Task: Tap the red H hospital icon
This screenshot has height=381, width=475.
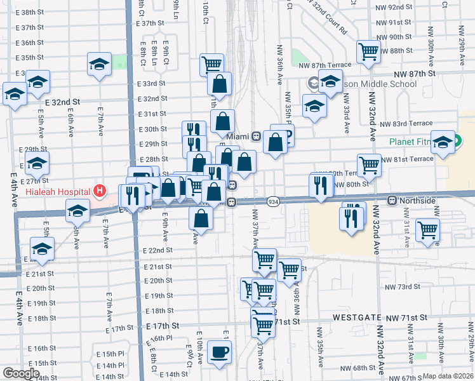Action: pos(98,190)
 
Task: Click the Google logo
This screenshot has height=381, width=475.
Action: pos(21,373)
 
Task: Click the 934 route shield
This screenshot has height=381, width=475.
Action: pos(273,201)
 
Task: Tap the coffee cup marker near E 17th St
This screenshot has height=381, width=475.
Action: pos(220,352)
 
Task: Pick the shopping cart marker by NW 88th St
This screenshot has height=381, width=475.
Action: pos(368,51)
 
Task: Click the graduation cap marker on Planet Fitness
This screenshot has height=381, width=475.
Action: pos(443,143)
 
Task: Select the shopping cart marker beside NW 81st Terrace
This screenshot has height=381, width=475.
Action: pos(369,164)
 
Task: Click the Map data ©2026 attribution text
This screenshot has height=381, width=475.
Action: pos(448,376)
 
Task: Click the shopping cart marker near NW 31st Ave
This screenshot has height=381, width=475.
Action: pos(428,229)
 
